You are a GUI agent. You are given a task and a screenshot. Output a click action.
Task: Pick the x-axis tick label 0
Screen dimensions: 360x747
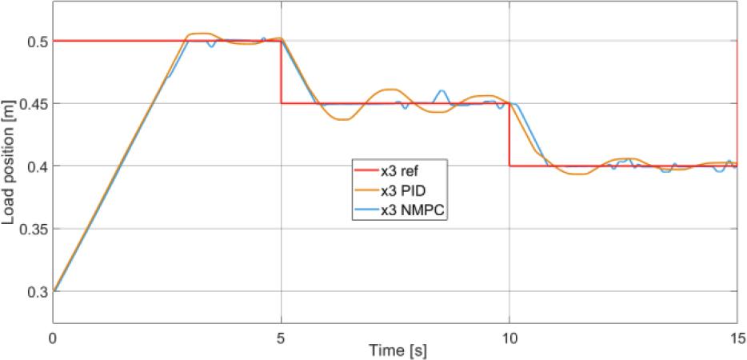(x=54, y=337)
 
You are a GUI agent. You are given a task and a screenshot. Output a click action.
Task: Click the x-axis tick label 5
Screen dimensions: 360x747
(x=282, y=337)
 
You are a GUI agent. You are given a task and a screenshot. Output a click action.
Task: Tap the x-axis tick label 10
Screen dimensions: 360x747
(x=509, y=337)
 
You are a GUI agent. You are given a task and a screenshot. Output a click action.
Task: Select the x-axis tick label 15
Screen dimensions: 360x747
(x=737, y=337)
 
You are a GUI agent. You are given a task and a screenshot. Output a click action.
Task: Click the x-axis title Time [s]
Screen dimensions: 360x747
(x=395, y=351)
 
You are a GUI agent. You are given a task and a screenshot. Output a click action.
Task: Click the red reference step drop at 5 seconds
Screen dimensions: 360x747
(x=282, y=72)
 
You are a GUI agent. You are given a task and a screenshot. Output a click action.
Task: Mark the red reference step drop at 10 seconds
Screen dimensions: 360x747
(x=509, y=134)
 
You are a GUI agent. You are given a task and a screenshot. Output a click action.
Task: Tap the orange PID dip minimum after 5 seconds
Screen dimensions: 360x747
(x=343, y=119)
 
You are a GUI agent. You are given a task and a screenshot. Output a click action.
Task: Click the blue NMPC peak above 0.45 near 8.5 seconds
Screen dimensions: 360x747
(x=441, y=90)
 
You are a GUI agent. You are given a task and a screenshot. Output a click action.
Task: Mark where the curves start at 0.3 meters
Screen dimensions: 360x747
(x=54, y=290)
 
